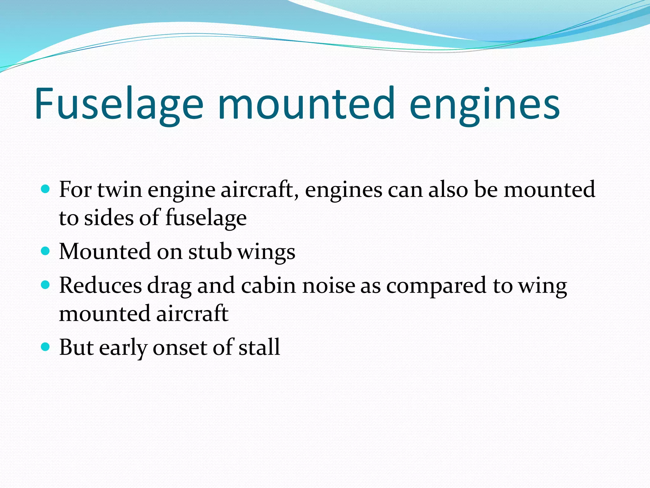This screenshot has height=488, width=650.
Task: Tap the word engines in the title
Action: click(x=485, y=104)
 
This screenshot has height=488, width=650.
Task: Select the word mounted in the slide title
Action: click(x=306, y=104)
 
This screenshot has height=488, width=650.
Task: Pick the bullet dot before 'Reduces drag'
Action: click(x=46, y=285)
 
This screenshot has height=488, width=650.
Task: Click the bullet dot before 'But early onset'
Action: click(x=46, y=347)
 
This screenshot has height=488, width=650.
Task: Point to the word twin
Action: click(x=120, y=190)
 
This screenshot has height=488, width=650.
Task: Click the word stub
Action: click(x=210, y=252)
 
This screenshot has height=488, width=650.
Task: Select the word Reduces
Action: click(x=100, y=285)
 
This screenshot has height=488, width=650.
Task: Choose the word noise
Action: click(x=328, y=285)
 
